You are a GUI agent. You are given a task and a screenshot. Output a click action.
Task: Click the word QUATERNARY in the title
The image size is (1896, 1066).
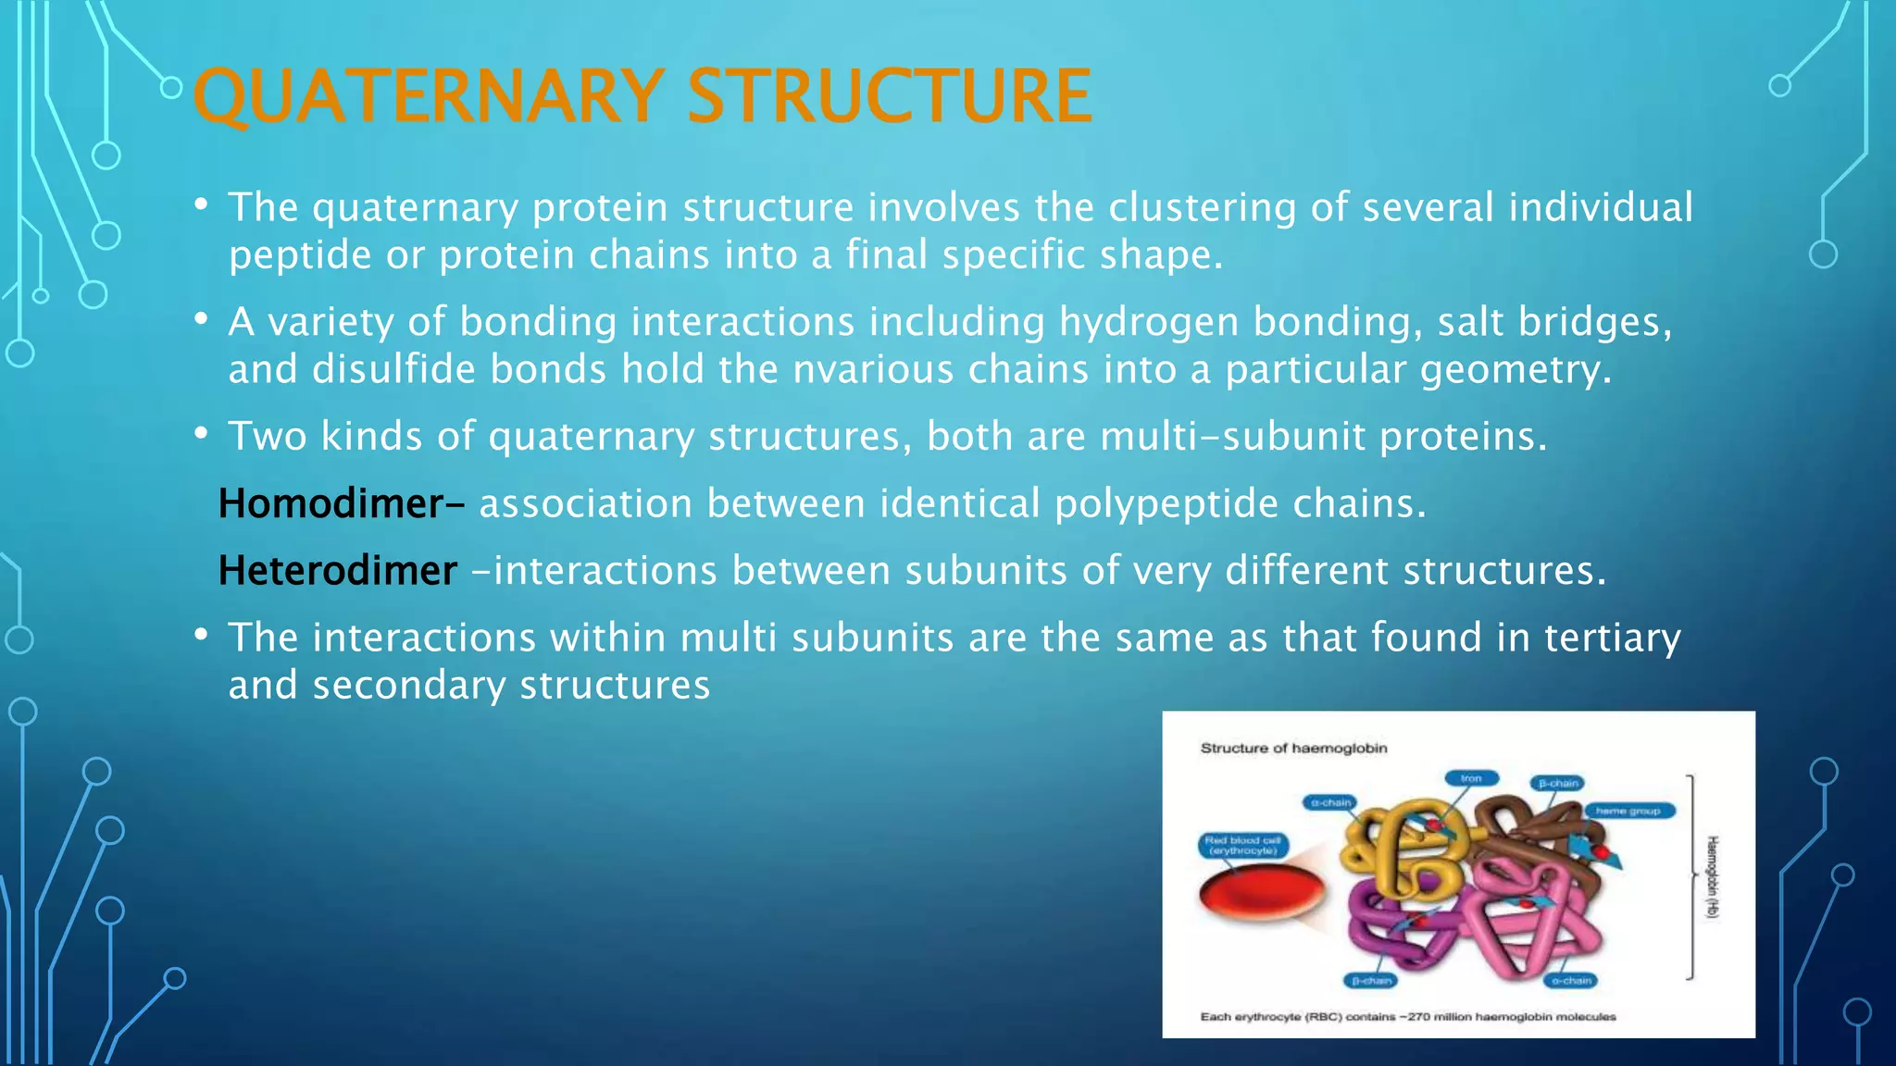428,96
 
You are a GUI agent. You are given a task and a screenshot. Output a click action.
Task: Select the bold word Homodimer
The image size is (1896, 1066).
331,504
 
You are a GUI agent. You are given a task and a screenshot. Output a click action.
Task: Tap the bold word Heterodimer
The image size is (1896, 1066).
338,571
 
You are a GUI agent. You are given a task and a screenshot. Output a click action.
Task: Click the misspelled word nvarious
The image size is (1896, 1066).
873,370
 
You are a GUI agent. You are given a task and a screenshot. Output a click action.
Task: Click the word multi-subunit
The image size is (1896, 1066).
1232,437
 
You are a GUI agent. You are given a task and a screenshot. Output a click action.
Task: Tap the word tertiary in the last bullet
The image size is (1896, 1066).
1612,638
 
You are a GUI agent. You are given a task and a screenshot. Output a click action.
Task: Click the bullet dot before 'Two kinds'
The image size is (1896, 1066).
201,433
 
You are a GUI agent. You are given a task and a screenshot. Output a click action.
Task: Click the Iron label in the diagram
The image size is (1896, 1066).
1471,778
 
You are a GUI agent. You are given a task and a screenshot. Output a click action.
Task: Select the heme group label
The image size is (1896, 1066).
1628,811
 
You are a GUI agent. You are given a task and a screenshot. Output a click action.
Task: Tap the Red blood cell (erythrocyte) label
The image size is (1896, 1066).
1243,845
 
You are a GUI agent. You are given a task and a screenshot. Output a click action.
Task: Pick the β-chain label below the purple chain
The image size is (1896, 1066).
1371,980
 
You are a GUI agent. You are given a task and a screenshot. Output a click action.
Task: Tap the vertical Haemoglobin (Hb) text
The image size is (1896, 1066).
1712,876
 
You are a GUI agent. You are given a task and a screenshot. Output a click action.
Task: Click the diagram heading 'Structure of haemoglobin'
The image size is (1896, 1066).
1293,748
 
